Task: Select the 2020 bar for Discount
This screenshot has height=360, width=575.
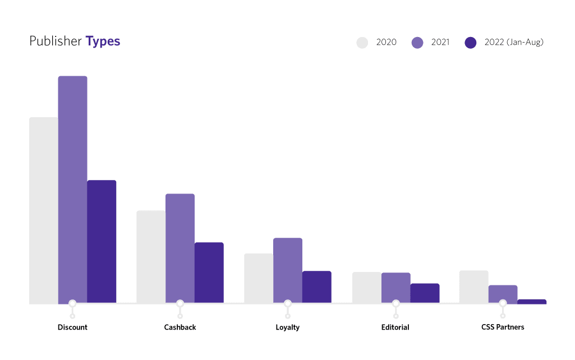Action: (44, 210)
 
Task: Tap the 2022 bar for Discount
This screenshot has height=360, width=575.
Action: (102, 242)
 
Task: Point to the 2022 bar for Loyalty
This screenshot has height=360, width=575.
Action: (317, 287)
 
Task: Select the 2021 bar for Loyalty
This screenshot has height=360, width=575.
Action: (288, 270)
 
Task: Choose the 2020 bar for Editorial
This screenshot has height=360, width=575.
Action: (367, 288)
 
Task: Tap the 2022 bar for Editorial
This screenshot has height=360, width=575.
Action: (425, 293)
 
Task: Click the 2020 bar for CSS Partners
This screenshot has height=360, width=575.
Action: (474, 287)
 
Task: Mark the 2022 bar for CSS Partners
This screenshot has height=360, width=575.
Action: (532, 302)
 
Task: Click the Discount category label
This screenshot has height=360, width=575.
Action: (72, 327)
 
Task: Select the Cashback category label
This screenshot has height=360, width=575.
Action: (180, 327)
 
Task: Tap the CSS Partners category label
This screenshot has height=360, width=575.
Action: (503, 327)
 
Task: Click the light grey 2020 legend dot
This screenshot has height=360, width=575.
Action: (362, 43)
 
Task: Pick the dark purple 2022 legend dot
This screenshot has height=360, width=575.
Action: (471, 43)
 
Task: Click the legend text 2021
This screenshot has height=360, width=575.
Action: (440, 42)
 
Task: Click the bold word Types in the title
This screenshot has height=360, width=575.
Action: (103, 41)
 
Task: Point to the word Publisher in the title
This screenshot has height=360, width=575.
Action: (56, 41)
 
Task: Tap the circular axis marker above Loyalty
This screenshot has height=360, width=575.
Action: (288, 303)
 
